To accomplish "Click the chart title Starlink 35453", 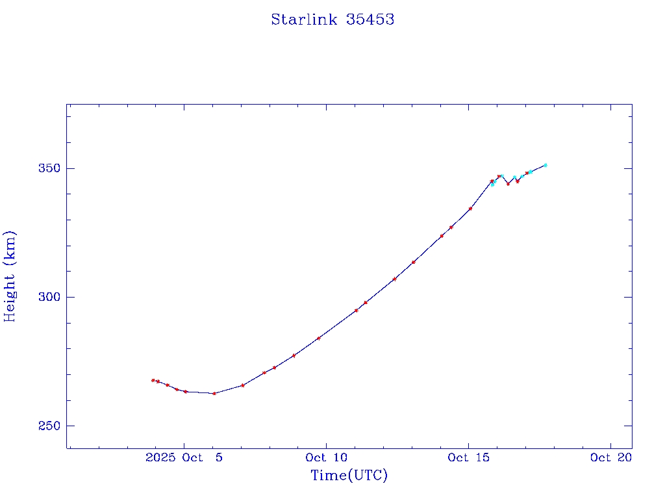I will [x=332, y=19].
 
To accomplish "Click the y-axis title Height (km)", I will [x=10, y=275].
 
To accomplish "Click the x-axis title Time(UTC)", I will [x=349, y=476].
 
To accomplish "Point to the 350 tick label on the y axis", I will [x=50, y=168].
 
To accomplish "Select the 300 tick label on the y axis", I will [x=50, y=297].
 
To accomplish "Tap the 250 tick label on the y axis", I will [x=50, y=426].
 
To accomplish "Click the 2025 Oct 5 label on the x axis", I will [x=184, y=457].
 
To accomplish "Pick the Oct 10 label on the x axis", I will [x=326, y=457].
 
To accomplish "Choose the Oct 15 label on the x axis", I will [x=468, y=457].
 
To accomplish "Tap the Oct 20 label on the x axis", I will [x=610, y=457].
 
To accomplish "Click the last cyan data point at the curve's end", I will [x=546, y=165].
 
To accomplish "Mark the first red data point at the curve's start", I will [x=153, y=380].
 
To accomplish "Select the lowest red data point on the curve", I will [x=214, y=393].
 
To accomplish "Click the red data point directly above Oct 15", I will [x=470, y=209].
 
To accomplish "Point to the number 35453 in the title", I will [x=370, y=19].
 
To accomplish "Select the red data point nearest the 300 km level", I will [x=366, y=302].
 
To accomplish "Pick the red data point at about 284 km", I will [x=318, y=338].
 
